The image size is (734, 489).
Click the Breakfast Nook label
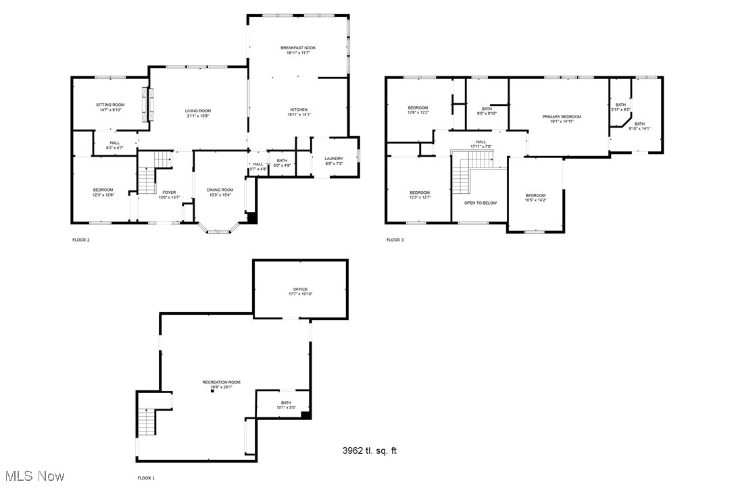click(298, 48)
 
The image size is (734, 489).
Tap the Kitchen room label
click(299, 109)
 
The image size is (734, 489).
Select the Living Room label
click(199, 111)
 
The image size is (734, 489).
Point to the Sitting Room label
click(109, 105)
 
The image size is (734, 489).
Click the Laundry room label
click(334, 159)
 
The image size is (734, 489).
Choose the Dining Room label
click(220, 190)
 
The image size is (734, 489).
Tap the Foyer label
click(169, 192)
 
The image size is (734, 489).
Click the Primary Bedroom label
click(562, 117)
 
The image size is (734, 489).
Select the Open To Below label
click(481, 203)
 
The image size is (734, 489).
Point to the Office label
click(300, 289)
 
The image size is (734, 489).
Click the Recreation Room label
click(221, 382)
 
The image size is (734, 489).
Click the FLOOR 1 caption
click(146, 478)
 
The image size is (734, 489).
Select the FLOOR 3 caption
click(395, 240)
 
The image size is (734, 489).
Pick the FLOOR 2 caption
click(81, 240)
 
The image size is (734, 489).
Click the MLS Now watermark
click(33, 476)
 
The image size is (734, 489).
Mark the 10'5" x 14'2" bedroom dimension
click(535, 200)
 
